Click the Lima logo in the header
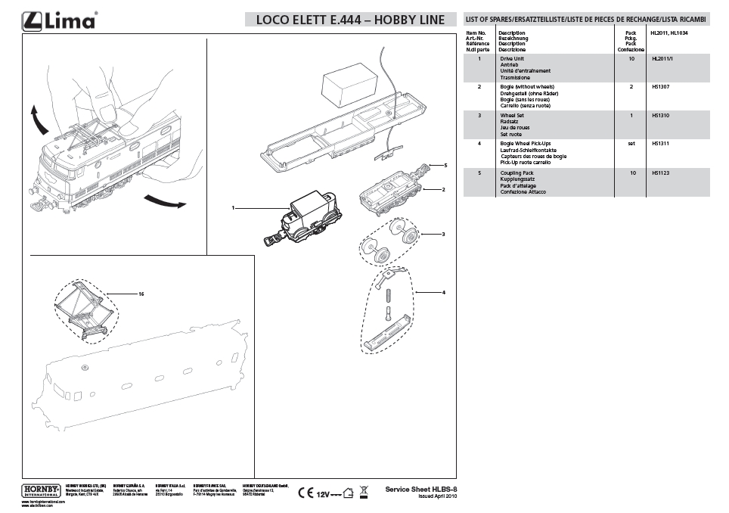(60, 20)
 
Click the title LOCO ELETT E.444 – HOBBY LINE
(351, 20)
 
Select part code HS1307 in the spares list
(660, 87)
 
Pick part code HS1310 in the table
(660, 116)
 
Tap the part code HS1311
(660, 143)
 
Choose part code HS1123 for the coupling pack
(660, 173)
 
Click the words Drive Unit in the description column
(512, 58)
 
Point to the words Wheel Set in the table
(512, 116)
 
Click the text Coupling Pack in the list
(517, 173)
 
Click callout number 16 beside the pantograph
(141, 292)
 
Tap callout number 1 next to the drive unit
(234, 207)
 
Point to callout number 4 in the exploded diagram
(444, 291)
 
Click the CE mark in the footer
(306, 493)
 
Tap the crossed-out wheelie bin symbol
(364, 492)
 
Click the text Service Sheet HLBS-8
(421, 490)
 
